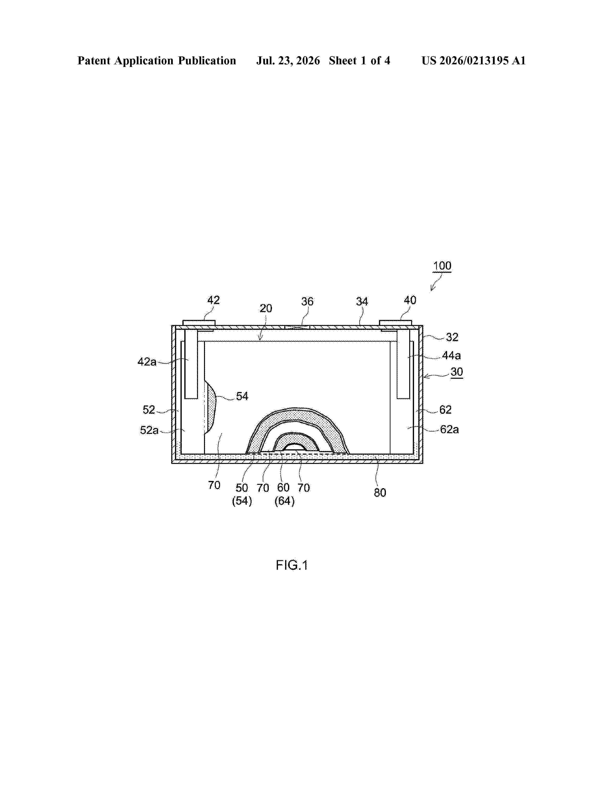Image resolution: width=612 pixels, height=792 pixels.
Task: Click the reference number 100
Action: pyautogui.click(x=442, y=266)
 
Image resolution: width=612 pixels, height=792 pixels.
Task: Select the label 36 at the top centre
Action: pyautogui.click(x=307, y=301)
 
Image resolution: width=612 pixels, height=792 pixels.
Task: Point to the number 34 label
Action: pyautogui.click(x=362, y=301)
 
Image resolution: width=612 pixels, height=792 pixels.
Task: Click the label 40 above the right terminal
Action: pyautogui.click(x=410, y=300)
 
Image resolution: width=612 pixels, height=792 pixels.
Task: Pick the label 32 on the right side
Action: pyautogui.click(x=452, y=337)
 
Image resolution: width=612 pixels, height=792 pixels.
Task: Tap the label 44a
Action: pyautogui.click(x=451, y=355)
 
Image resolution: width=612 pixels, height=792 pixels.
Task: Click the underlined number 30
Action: pyautogui.click(x=457, y=372)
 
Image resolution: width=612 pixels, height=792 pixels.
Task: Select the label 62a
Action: pyautogui.click(x=450, y=429)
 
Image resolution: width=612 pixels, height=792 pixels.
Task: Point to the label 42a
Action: pyautogui.click(x=147, y=361)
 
